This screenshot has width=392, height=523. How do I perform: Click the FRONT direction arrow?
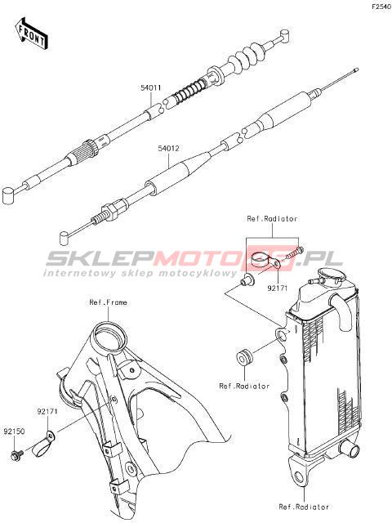[x=31, y=34]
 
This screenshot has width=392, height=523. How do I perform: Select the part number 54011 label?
[x=150, y=88]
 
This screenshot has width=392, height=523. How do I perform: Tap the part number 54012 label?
[x=168, y=149]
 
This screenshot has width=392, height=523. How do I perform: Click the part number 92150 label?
[x=15, y=431]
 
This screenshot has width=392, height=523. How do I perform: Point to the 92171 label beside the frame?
[x=47, y=412]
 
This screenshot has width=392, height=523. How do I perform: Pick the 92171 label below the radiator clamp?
[x=278, y=288]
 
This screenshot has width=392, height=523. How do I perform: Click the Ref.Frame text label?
[x=109, y=302]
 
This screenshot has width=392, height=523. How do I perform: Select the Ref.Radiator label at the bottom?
[x=304, y=507]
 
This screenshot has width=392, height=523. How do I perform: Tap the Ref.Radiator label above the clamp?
[x=272, y=219]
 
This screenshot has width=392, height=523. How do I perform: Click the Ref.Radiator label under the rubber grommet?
[x=244, y=386]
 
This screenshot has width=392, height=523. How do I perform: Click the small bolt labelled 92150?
[x=16, y=454]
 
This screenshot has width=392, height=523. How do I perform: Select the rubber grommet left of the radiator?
[x=245, y=356]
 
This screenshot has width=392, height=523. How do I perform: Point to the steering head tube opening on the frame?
[x=109, y=336]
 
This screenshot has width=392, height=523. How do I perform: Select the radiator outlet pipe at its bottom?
[x=349, y=449]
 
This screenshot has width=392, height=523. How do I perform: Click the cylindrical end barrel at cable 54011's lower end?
[x=8, y=195]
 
